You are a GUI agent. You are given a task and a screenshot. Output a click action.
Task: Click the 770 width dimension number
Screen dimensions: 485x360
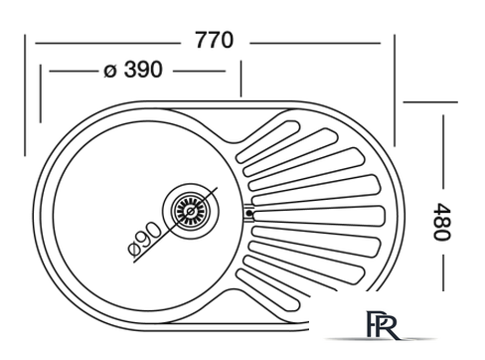(x=214, y=40)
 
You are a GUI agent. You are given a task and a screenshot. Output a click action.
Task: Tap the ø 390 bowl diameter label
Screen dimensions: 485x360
(x=133, y=70)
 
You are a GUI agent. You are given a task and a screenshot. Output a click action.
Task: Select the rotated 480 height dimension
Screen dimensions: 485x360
(x=442, y=222)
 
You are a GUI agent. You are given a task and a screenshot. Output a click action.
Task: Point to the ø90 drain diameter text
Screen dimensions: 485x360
(x=145, y=240)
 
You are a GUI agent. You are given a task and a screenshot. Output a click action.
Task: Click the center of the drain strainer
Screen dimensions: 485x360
(x=191, y=211)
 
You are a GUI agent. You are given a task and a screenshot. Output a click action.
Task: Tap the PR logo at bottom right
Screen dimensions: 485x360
(x=382, y=325)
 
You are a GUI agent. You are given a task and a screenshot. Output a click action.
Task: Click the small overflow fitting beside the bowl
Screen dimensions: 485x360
(x=249, y=213)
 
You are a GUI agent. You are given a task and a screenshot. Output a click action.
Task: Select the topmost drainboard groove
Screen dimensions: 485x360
(x=267, y=142)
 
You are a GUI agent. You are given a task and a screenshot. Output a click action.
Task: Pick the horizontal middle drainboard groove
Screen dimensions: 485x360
(x=318, y=216)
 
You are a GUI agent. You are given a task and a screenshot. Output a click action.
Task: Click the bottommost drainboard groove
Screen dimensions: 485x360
(x=267, y=289)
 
